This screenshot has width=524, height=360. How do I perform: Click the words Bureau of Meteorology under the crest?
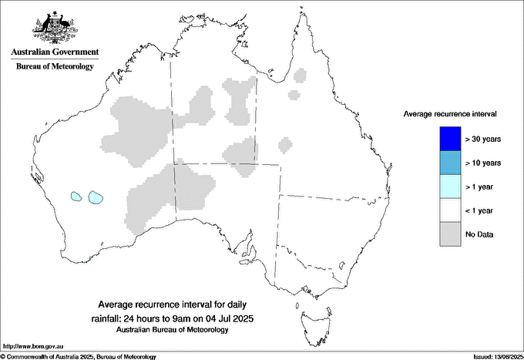pos(55,67)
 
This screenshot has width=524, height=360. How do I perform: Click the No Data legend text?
pos(479,234)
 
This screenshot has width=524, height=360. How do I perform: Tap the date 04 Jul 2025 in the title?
pos(231,318)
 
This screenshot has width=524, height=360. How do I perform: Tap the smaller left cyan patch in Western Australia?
pos(76,197)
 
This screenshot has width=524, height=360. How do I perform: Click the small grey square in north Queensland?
pos(293,96)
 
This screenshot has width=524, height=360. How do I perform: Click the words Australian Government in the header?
pos(55,52)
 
